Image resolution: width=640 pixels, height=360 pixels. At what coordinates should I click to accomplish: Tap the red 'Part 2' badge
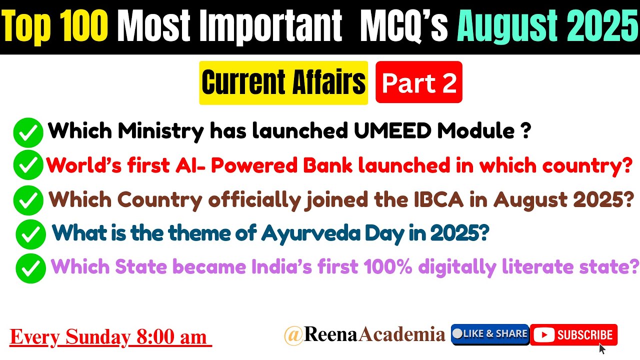(419, 83)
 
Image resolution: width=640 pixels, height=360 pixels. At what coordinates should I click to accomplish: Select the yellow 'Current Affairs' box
(283, 83)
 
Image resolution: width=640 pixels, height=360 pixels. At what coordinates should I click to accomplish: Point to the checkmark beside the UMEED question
(28, 132)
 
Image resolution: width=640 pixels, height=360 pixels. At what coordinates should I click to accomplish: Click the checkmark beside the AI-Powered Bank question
(28, 166)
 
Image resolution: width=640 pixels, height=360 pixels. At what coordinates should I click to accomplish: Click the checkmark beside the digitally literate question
(30, 268)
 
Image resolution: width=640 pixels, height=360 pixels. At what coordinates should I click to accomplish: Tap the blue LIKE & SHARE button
(490, 334)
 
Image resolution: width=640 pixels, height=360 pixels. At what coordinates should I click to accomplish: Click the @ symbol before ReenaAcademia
(293, 335)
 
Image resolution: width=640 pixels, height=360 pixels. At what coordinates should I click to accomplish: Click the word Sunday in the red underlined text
(97, 337)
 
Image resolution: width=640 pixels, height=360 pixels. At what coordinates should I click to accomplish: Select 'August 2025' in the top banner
(547, 27)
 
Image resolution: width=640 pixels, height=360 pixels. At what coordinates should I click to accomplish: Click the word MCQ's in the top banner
(404, 27)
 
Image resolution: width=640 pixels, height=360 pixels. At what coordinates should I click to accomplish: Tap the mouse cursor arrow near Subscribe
(602, 348)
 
